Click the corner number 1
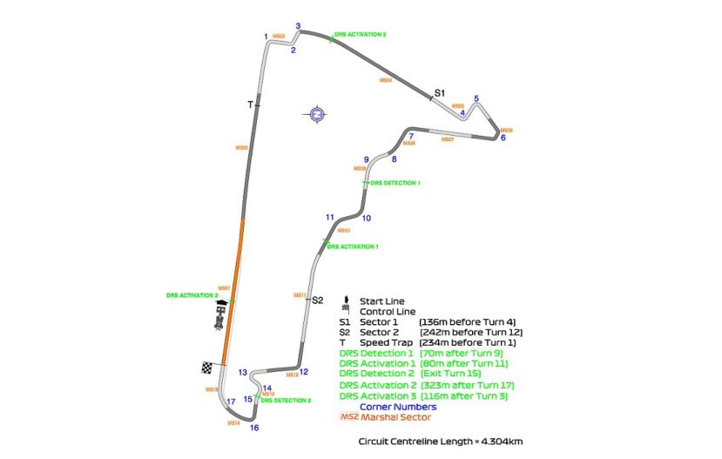[266, 36]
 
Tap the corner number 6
[503, 138]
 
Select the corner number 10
[367, 219]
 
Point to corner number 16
[254, 428]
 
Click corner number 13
[243, 371]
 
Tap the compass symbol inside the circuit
[317, 113]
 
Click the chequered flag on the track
[207, 368]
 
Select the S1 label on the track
[440, 91]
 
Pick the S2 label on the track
[318, 300]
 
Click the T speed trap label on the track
[250, 105]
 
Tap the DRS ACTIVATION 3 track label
[360, 34]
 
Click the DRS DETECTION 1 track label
[395, 184]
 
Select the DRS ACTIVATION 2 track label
[192, 295]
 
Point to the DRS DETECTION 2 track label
[286, 400]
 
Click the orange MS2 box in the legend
[348, 417]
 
